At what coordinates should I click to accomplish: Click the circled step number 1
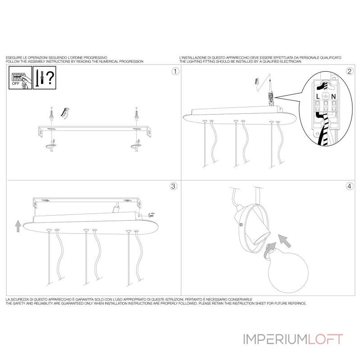point(176,71)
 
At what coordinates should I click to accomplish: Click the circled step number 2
point(349,71)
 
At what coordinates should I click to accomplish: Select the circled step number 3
point(173,186)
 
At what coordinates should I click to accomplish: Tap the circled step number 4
point(349,186)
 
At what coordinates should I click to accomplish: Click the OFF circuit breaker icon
point(20,78)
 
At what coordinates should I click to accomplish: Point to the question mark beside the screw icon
point(51,78)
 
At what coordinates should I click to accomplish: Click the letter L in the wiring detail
point(318,97)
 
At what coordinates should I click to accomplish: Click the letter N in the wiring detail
point(333,97)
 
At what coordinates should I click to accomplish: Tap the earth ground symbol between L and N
point(325,96)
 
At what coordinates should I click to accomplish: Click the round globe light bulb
point(288,272)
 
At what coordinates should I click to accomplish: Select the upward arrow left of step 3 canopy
point(18,226)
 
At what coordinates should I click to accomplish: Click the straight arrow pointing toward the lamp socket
point(285,241)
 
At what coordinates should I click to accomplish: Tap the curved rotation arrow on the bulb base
point(269,251)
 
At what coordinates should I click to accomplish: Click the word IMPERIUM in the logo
point(275,339)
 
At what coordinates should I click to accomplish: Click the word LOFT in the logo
point(325,339)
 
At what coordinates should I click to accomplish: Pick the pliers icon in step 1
point(65,113)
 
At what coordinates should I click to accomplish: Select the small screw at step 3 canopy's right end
point(152,215)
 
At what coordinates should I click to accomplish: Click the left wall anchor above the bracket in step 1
point(52,114)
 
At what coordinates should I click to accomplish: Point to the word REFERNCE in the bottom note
point(296,303)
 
